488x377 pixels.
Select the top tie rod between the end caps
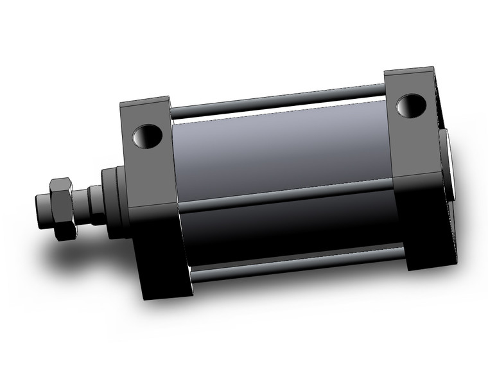(276, 100)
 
